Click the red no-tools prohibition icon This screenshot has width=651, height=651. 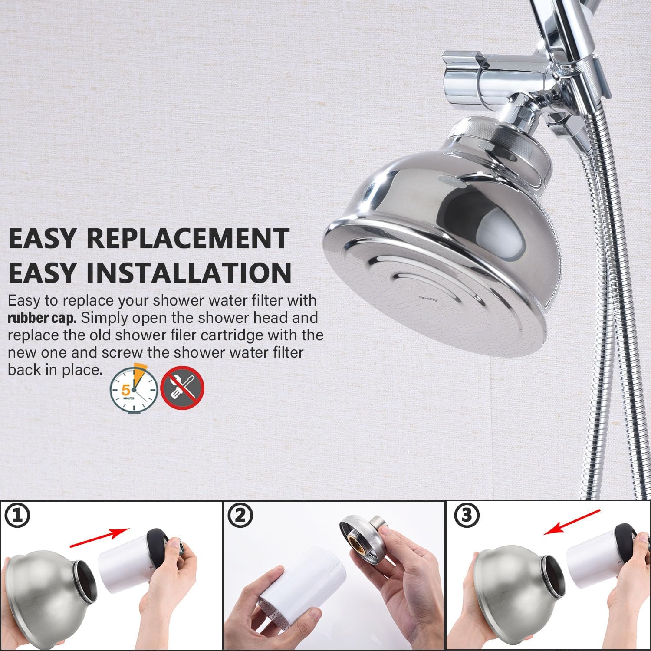click(182, 387)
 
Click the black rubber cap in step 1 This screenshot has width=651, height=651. click(158, 547)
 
